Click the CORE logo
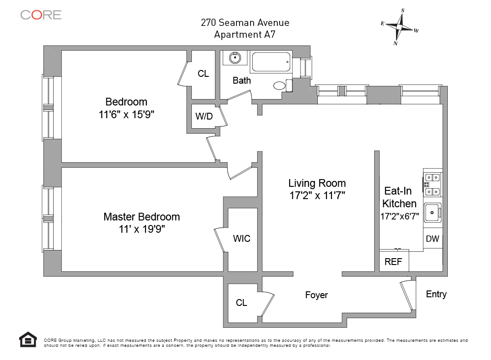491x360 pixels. click(40, 15)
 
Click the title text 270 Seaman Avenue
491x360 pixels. click(245, 22)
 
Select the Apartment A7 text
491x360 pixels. click(245, 34)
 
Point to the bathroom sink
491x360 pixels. click(235, 58)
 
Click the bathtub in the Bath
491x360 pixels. click(271, 62)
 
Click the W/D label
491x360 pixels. click(204, 116)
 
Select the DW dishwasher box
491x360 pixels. click(432, 239)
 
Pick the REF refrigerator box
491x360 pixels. click(394, 262)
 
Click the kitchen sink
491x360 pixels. click(432, 212)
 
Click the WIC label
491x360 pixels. click(241, 239)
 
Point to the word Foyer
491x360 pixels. click(316, 295)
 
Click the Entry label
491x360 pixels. click(436, 294)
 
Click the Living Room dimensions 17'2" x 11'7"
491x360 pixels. click(317, 196)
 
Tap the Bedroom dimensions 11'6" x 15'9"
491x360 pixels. click(126, 115)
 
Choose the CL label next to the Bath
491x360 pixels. click(203, 74)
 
